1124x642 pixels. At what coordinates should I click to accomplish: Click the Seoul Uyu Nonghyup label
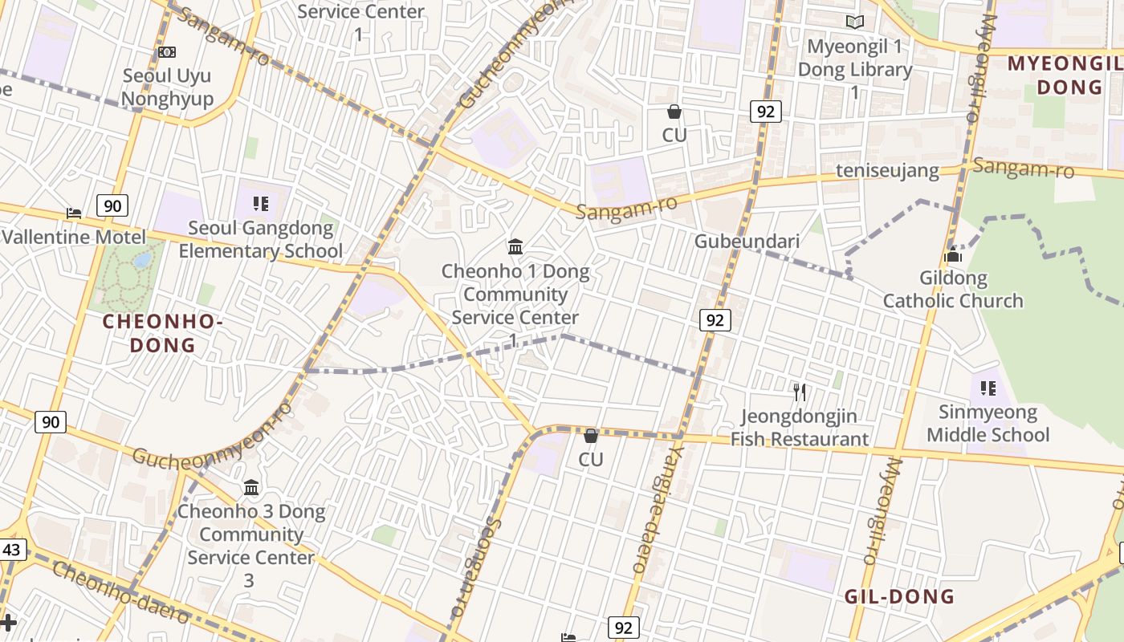167,87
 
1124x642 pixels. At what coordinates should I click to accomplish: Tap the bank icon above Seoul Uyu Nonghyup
167,52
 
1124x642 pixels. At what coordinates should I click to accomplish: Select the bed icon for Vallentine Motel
74,213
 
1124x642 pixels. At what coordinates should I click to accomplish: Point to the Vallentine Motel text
74,238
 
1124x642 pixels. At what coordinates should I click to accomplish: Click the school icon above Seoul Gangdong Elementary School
260,204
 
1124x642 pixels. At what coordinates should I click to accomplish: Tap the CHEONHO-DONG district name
162,334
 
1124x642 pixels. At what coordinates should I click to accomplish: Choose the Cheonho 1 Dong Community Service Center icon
515,246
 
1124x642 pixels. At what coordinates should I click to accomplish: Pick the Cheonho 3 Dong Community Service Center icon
251,487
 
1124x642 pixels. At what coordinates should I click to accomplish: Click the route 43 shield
11,550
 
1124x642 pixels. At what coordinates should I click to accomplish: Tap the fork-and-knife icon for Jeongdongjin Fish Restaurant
799,392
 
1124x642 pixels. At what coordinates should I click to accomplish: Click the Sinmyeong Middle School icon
988,388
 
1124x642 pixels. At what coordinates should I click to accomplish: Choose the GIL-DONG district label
899,596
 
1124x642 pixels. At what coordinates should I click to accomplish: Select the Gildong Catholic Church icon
954,256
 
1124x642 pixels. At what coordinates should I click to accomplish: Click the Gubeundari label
747,242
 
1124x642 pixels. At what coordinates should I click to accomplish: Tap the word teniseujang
887,171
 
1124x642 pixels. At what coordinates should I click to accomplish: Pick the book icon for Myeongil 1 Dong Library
855,22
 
